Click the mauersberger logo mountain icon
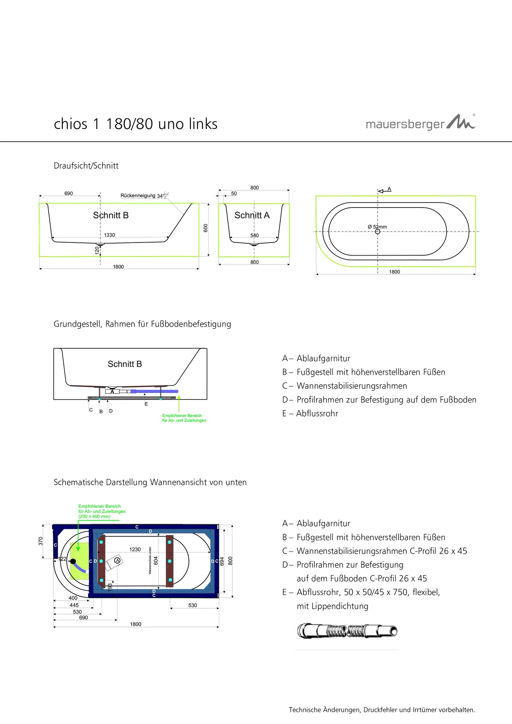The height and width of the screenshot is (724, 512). click(461, 122)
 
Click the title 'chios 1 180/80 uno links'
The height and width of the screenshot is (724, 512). click(135, 124)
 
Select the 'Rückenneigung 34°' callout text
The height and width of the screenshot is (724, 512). click(142, 195)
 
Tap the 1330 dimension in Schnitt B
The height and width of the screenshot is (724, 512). click(110, 235)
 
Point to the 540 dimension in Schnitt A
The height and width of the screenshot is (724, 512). click(255, 235)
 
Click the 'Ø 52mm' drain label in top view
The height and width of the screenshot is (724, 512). click(377, 227)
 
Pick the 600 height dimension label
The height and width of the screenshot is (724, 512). click(206, 228)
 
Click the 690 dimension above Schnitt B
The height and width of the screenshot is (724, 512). click(69, 193)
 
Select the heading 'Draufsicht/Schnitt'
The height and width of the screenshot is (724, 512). click(86, 166)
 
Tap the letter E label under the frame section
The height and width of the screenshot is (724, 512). click(146, 404)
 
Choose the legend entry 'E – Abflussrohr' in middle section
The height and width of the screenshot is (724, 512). click(310, 413)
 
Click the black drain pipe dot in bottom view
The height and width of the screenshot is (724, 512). click(73, 561)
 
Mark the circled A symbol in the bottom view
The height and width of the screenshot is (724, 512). click(118, 561)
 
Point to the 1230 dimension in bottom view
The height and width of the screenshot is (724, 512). click(135, 549)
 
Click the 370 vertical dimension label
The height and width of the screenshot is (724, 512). click(41, 541)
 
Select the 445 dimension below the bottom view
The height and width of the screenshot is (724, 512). click(74, 605)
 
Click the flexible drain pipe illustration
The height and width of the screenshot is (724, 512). click(347, 631)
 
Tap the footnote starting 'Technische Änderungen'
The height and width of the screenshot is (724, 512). click(382, 710)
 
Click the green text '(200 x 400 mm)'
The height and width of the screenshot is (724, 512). click(94, 516)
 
